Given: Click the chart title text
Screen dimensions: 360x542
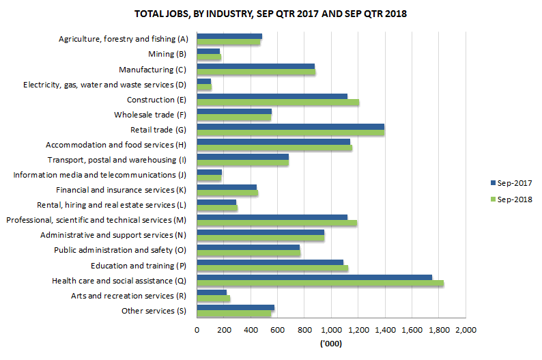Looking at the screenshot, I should pos(270,14).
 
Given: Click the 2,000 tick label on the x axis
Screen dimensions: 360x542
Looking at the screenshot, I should pos(466,331).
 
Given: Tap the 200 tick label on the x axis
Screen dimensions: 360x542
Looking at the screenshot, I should pos(223,331).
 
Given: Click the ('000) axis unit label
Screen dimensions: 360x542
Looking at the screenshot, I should pos(331,344).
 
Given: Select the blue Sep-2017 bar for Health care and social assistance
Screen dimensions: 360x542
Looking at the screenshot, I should pos(314,277).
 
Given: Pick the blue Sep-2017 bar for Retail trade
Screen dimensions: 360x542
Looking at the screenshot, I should pos(290,126).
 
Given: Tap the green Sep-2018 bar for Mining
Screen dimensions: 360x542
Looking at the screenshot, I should pos(209,57).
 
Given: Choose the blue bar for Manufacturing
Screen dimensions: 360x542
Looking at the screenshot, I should pos(255,66).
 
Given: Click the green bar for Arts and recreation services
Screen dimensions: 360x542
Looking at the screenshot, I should pos(213,299).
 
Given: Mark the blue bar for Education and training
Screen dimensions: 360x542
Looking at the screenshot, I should pos(270,262).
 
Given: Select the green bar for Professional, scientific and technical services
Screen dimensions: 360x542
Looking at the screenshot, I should pos(276,223).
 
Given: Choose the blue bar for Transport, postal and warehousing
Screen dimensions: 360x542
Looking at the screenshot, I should pos(242,156).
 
